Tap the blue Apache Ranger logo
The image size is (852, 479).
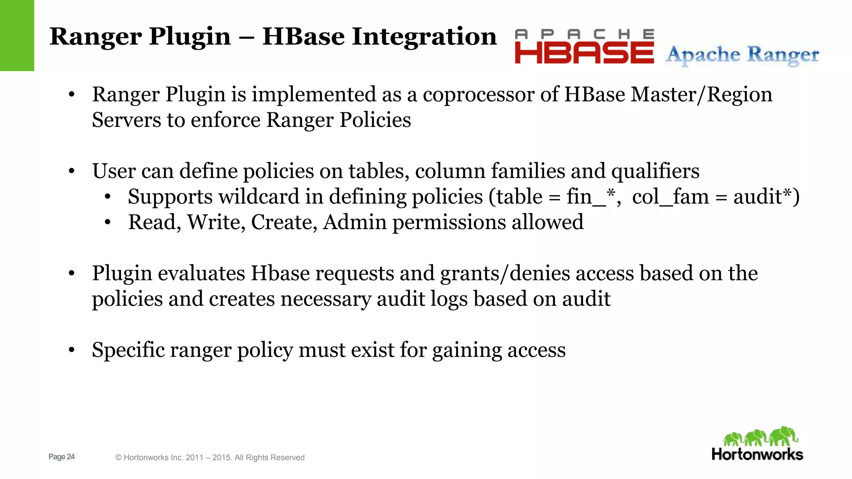coord(742,55)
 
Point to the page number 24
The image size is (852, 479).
coord(70,457)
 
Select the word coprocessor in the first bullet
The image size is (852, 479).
coord(478,94)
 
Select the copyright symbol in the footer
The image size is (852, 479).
coord(119,458)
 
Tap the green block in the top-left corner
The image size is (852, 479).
coord(17,35)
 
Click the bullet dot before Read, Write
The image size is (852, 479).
coord(108,222)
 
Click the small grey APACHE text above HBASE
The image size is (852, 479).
coord(584,34)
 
